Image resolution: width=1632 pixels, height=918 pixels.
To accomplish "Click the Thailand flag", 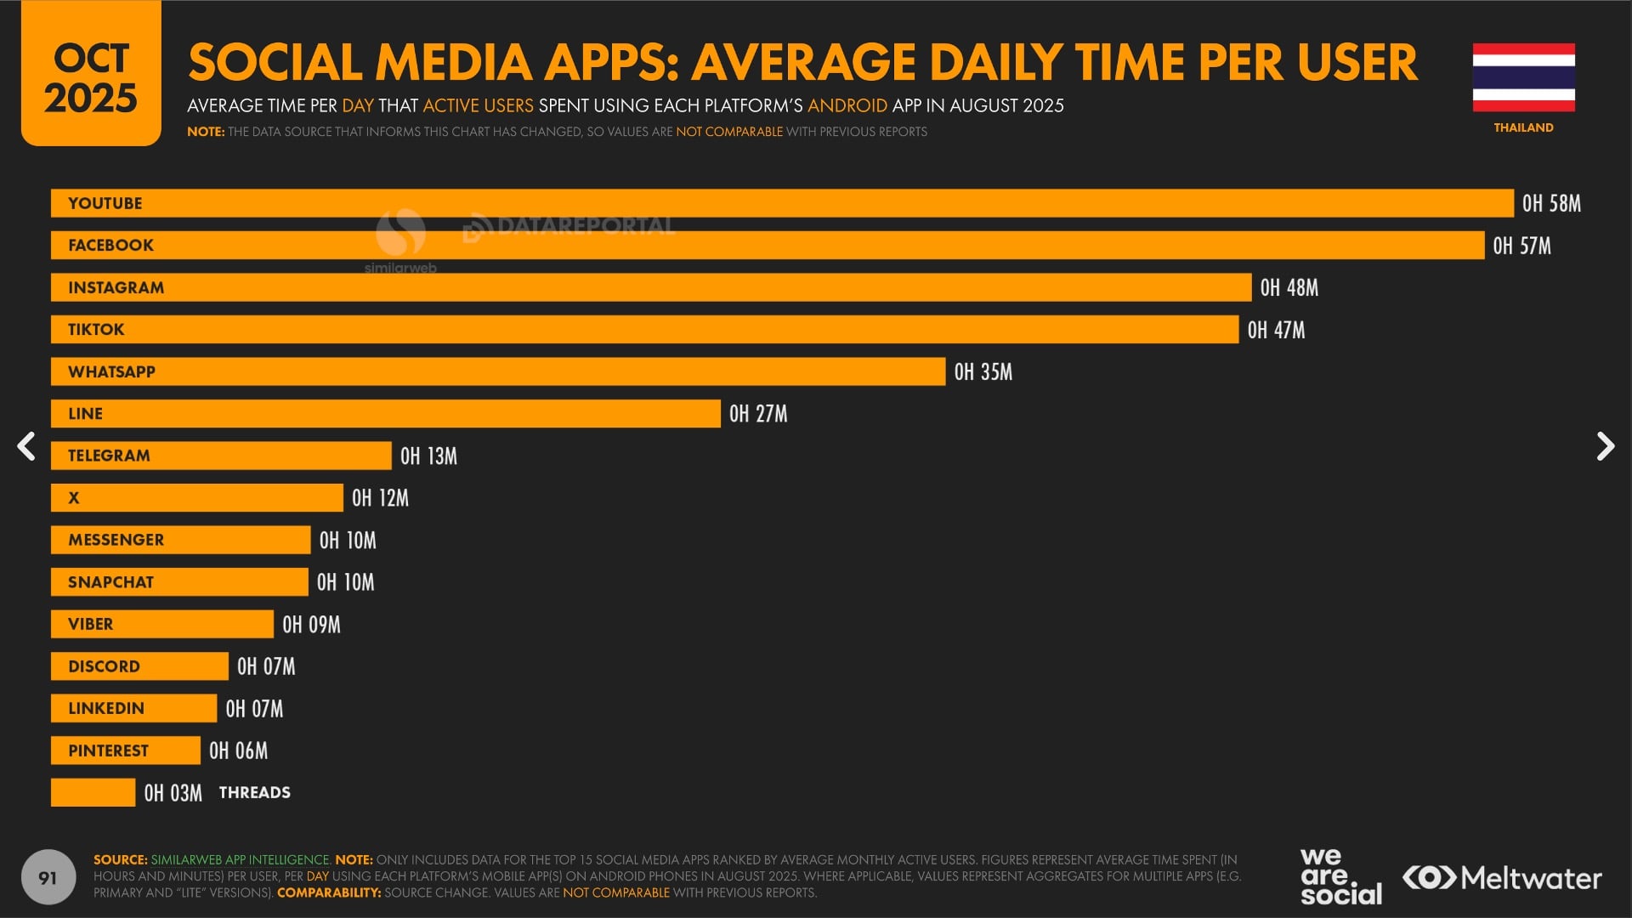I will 1523,77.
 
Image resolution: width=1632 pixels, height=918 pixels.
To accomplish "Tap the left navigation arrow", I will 27,446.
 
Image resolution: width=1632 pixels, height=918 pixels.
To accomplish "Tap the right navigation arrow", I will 1605,446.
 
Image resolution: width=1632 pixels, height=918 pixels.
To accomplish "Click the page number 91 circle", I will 48,877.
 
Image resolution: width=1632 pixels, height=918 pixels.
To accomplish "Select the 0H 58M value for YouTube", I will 1551,204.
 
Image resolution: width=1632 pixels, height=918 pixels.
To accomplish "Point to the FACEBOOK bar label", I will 110,246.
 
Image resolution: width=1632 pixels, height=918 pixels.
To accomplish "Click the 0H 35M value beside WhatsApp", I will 983,372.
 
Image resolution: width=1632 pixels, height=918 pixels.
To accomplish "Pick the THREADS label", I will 255,793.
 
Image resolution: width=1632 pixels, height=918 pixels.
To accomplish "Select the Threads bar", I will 93,793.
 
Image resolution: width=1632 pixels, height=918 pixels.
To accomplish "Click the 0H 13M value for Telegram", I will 428,456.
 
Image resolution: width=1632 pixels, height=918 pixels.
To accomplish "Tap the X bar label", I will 74,498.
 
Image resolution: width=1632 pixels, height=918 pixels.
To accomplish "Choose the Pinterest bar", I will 125,751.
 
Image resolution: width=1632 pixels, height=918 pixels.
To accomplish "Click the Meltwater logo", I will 1502,878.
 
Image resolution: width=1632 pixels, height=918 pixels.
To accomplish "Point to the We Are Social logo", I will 1340,877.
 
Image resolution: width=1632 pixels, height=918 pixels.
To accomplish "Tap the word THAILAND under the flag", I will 1523,127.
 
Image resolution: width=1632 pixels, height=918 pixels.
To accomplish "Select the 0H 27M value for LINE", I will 758,414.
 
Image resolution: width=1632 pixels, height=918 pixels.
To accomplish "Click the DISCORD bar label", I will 104,666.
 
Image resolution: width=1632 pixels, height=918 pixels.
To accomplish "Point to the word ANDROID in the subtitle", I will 847,105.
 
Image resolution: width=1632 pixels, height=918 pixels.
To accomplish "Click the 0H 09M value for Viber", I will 311,625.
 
